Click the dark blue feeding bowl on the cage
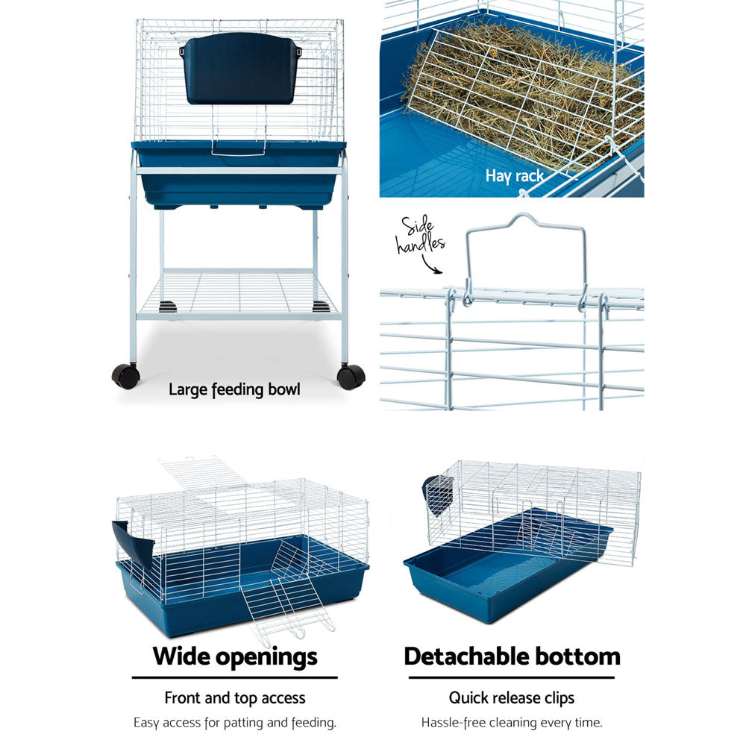click(239, 69)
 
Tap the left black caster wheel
click(125, 375)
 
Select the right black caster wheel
click(351, 376)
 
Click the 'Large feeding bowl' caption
click(234, 389)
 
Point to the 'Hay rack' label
click(515, 176)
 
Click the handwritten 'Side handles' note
click(421, 236)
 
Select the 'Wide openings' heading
click(235, 656)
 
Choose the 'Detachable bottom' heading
click(512, 656)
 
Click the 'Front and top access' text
click(235, 698)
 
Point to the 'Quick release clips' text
click(512, 698)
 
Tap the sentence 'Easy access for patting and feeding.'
click(235, 722)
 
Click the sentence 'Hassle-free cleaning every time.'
click(512, 722)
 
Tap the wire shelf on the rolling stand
click(237, 292)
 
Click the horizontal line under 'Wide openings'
click(235, 677)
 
